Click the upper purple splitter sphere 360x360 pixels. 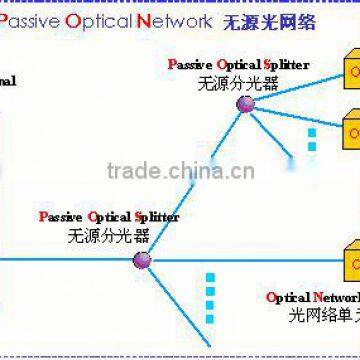pyautogui.click(x=245, y=103)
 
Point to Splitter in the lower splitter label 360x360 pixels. pyautogui.click(x=156, y=216)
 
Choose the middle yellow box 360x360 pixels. pyautogui.click(x=351, y=130)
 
